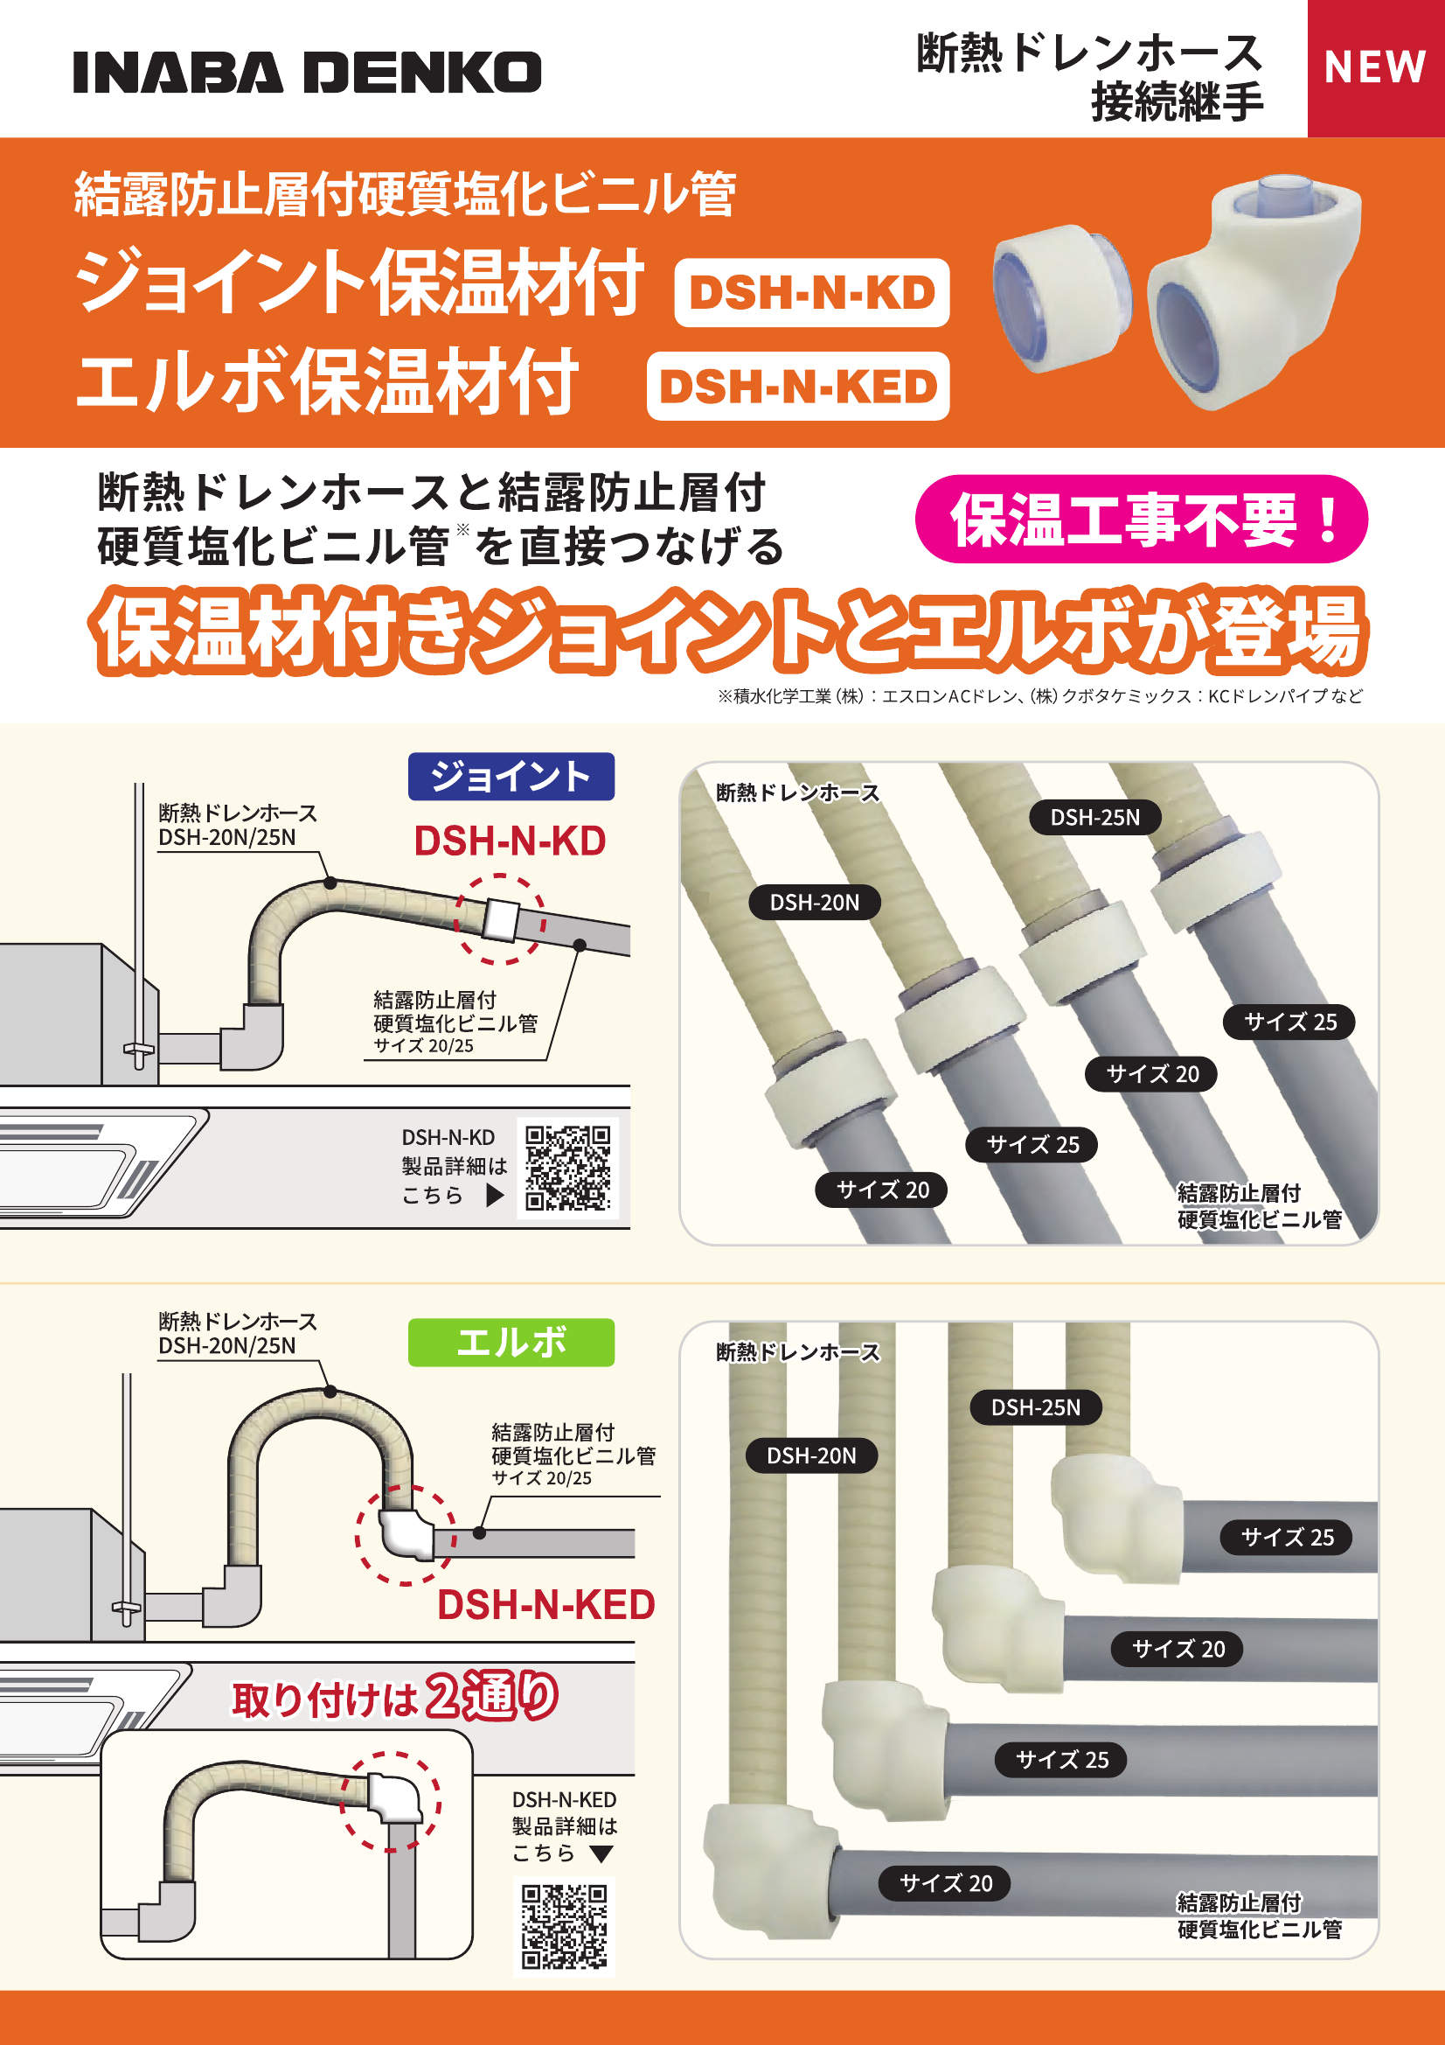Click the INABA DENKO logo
307,72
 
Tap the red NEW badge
1375,67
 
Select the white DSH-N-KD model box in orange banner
811,293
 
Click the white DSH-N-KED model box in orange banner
798,387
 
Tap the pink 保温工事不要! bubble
1141,520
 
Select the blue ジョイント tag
511,776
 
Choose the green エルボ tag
511,1343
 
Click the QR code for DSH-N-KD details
567,1167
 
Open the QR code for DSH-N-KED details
564,1926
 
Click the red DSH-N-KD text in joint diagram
510,841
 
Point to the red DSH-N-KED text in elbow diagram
545,1605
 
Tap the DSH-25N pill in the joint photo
1094,818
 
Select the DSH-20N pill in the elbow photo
811,1456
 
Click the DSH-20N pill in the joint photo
814,903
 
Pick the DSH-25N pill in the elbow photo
1035,1407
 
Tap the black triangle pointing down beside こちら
601,1854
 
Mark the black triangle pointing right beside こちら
495,1196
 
